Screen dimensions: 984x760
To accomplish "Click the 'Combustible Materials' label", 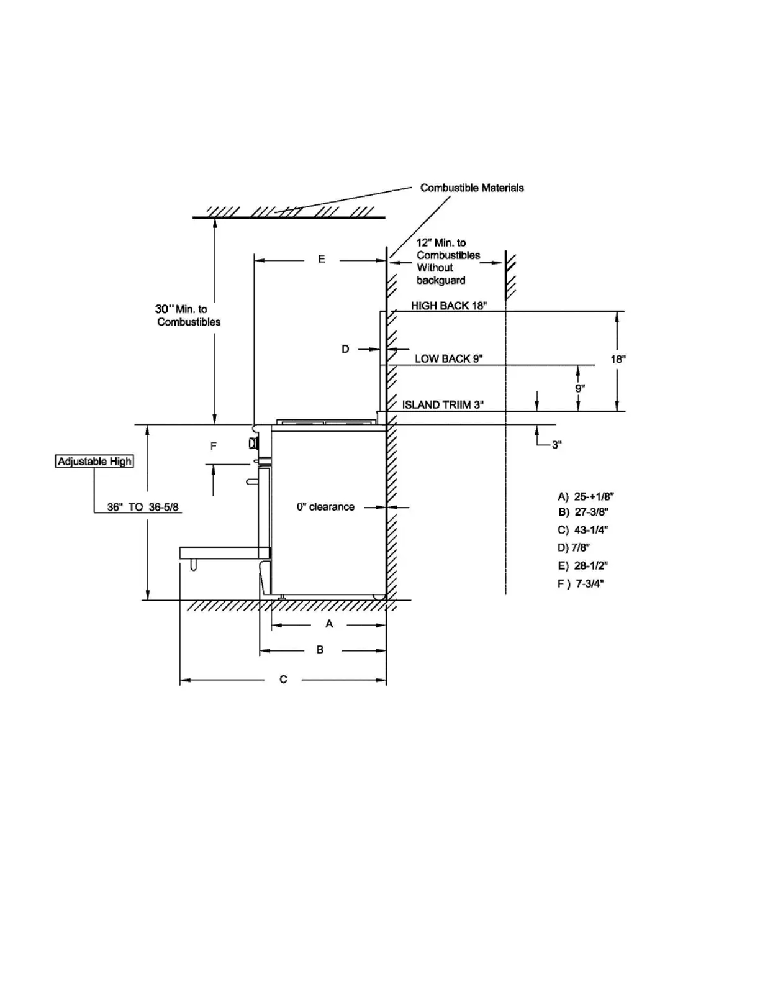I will [472, 188].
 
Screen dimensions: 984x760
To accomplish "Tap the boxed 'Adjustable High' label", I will [94, 462].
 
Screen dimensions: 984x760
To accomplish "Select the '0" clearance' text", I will [325, 507].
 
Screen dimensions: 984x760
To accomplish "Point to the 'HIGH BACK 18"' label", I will [449, 306].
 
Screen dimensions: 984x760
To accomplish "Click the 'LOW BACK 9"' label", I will [448, 358].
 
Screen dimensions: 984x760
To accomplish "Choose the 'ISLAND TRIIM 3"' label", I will [443, 405].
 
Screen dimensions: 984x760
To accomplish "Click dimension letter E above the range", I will [322, 259].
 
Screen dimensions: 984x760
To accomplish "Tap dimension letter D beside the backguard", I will [345, 349].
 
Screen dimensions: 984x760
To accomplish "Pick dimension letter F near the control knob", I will [214, 446].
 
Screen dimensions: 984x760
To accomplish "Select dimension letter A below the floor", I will [329, 624].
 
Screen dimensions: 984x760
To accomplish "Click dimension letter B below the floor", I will [320, 650].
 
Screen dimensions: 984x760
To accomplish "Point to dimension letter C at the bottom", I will [283, 680].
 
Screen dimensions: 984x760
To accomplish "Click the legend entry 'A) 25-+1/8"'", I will [586, 496].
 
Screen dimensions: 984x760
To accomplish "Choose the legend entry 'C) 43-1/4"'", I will [582, 530].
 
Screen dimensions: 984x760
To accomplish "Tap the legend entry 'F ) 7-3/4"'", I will [581, 583].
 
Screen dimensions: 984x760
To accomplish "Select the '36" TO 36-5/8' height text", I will [143, 507].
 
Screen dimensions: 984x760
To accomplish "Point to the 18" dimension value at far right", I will [618, 359].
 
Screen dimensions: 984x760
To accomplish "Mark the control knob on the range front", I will [253, 443].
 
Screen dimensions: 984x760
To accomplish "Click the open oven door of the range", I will [224, 552].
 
